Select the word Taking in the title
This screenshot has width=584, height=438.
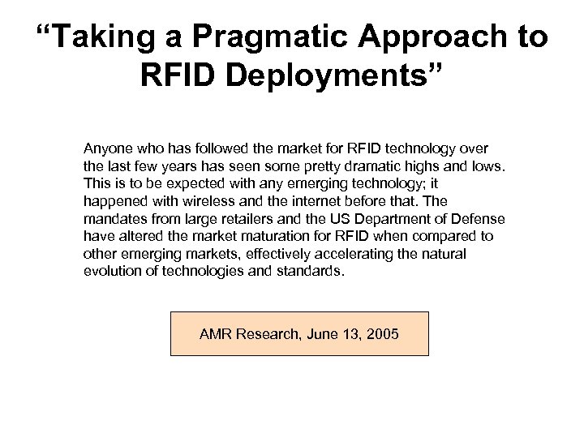coord(91,38)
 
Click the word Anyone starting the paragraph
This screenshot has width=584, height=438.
coord(106,150)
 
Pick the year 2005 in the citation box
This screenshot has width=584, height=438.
coord(381,333)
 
